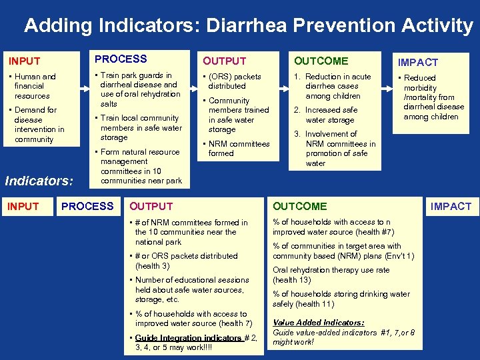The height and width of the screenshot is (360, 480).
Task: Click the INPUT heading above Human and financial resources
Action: [x=24, y=61]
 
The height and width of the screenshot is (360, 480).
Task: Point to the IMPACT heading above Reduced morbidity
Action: [x=418, y=62]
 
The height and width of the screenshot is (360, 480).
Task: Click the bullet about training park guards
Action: [x=139, y=89]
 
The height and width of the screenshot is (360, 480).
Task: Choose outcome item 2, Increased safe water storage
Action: [x=331, y=115]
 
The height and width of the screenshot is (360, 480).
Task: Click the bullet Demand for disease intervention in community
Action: [x=38, y=125]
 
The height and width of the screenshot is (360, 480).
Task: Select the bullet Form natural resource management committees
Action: [x=139, y=166]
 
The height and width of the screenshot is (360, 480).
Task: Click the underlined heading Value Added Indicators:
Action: [x=318, y=323]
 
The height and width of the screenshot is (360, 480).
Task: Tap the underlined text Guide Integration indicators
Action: [x=189, y=338]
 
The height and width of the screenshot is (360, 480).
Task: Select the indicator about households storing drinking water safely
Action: [x=341, y=299]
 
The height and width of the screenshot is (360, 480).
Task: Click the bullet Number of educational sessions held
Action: [x=191, y=290]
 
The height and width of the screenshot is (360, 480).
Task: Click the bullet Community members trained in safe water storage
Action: [x=237, y=115]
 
